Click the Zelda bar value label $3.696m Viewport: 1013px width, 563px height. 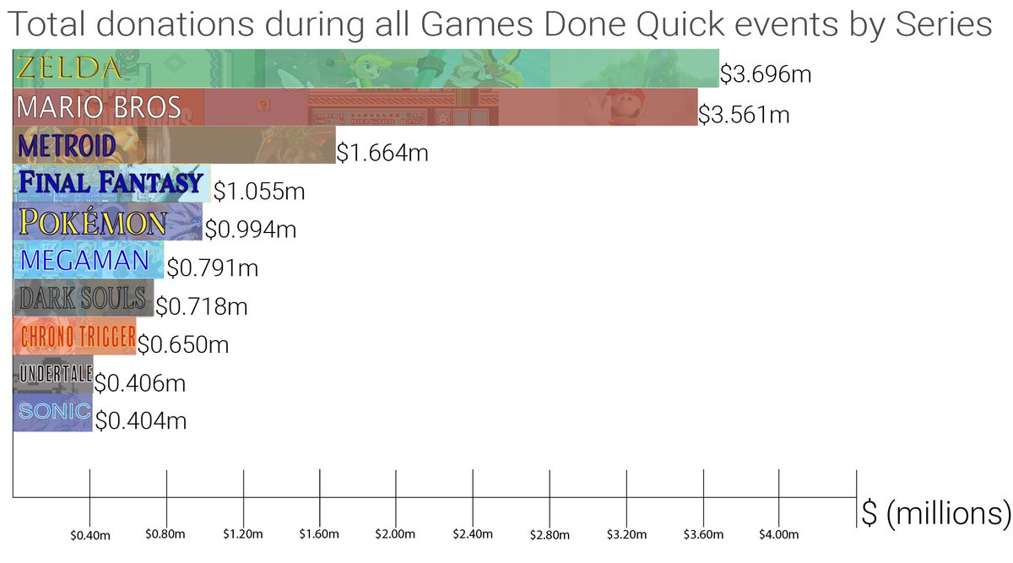coord(766,73)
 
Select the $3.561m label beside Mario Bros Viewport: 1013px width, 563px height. coord(744,115)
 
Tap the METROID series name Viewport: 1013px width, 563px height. coord(67,146)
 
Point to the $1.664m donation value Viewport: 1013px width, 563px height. coord(382,153)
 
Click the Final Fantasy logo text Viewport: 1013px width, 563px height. coord(111,181)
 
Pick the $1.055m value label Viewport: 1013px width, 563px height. coord(259,191)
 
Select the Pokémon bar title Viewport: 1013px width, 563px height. coord(93,222)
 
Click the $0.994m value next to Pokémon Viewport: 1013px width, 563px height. coord(251,229)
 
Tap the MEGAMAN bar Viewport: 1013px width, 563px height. coord(89,260)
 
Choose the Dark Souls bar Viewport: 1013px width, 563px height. coord(84,298)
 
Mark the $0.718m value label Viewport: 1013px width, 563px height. coord(202,306)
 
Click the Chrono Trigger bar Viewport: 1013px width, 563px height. coord(74,336)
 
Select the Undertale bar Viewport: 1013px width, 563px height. coord(53,375)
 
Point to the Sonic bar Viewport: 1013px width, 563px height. coord(53,413)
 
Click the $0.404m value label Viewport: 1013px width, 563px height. coord(141,421)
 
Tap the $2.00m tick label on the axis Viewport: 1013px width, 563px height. coord(395,534)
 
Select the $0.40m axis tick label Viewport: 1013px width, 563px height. coord(90,535)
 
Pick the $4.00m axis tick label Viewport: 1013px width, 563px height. coord(778,534)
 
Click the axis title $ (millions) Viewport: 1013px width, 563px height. coord(935,513)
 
